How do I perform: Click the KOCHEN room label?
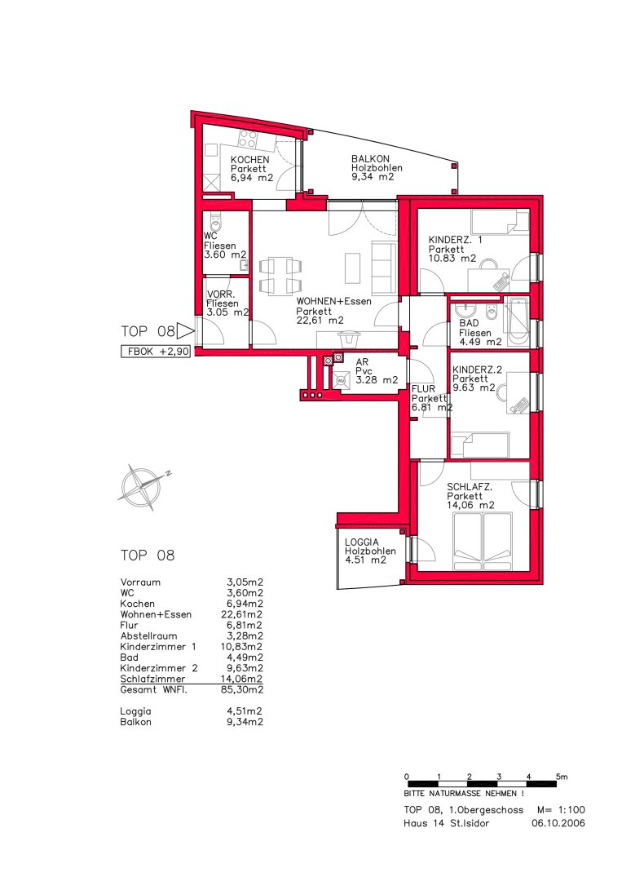tap(249, 160)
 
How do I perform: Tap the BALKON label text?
tap(370, 159)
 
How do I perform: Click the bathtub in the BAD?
tap(517, 322)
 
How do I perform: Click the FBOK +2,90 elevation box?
tap(156, 352)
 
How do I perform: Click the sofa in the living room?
tap(384, 267)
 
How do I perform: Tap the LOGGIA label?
tap(361, 542)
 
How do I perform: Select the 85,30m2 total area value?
tap(242, 689)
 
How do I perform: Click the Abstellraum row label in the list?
tap(148, 636)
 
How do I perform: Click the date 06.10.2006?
tap(558, 823)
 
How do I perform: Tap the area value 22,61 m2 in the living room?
tap(320, 321)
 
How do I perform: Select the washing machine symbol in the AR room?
tap(340, 380)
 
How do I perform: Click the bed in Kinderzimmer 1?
tap(500, 222)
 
